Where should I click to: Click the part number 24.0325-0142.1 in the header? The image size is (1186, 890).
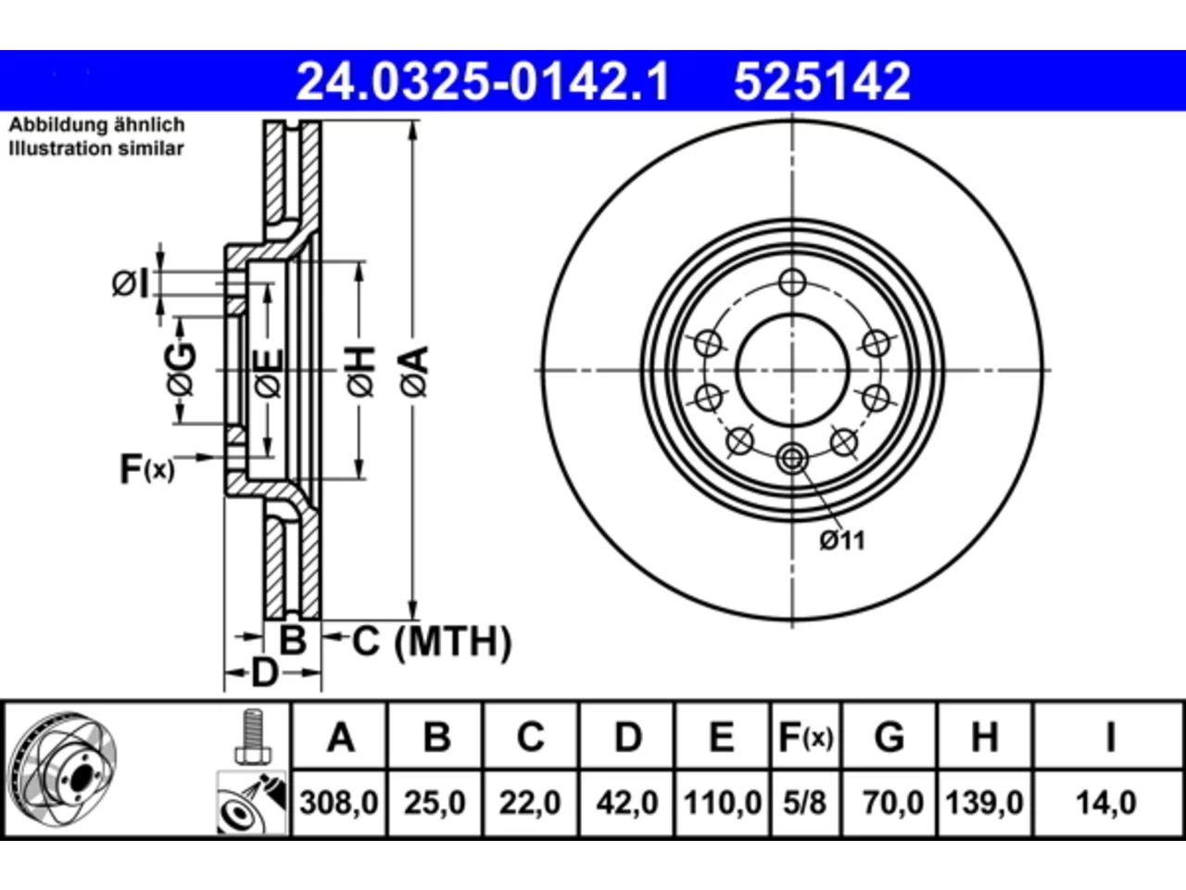point(483,82)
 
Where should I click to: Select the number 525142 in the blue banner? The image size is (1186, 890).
point(822,82)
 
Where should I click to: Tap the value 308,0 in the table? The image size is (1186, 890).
point(339,803)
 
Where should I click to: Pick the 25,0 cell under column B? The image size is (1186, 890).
point(435,803)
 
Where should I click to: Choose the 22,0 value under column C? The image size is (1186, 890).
point(530,803)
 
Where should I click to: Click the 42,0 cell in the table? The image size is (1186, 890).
point(626,803)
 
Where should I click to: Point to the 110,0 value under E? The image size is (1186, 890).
point(723,803)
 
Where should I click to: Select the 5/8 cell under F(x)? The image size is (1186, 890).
point(805,803)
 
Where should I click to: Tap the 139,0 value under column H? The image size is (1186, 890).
point(984,803)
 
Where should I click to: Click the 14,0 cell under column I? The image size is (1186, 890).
point(1106,803)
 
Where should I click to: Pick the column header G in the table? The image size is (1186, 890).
point(889,737)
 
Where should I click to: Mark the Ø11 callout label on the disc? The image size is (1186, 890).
point(842,540)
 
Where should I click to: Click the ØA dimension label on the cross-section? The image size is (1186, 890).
point(414,373)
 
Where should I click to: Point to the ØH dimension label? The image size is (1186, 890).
point(361,373)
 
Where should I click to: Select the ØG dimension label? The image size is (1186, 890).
point(182,370)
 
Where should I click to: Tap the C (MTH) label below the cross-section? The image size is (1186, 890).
point(431,642)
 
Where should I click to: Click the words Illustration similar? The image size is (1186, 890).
point(96,148)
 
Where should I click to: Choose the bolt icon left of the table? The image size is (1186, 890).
point(253,736)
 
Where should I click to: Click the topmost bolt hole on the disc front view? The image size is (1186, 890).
point(792,283)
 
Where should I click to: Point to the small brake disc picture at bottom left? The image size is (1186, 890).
point(62,769)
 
